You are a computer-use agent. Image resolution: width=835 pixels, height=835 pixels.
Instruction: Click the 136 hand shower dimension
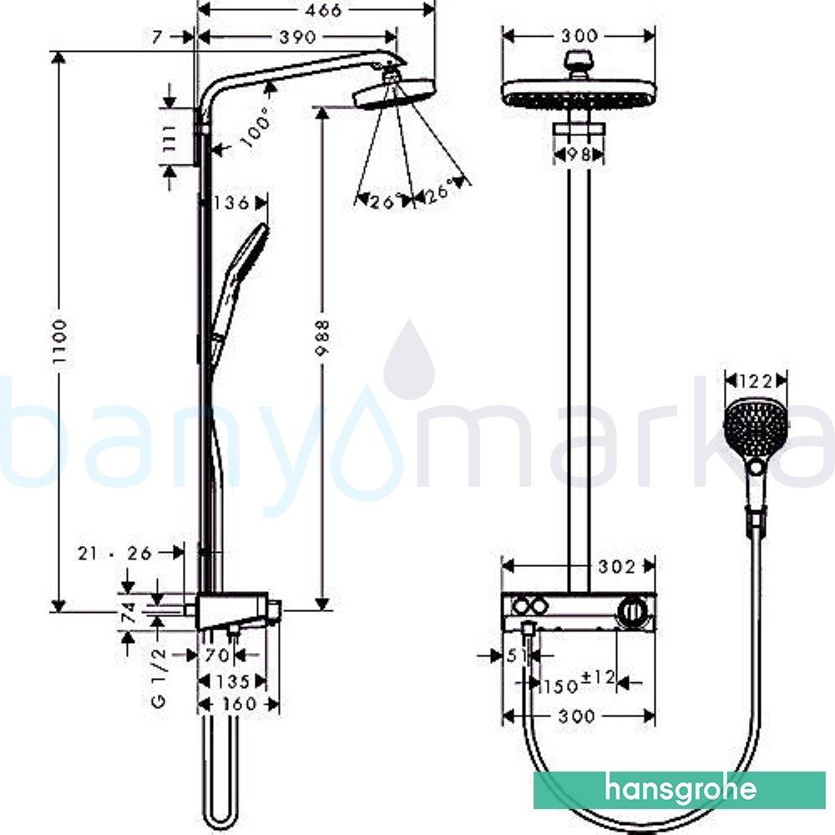[x=231, y=203]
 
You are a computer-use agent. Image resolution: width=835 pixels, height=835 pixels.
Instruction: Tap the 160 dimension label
[x=239, y=704]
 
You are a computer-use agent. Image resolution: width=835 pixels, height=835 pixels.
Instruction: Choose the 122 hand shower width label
[x=755, y=381]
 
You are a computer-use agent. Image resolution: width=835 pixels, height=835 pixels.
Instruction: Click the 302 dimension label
[x=618, y=567]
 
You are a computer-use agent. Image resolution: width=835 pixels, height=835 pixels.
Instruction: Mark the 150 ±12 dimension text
[x=579, y=683]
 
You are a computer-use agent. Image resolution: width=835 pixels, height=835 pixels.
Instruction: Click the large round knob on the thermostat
[x=635, y=615]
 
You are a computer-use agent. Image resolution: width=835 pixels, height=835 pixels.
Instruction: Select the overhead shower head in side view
[x=394, y=94]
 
